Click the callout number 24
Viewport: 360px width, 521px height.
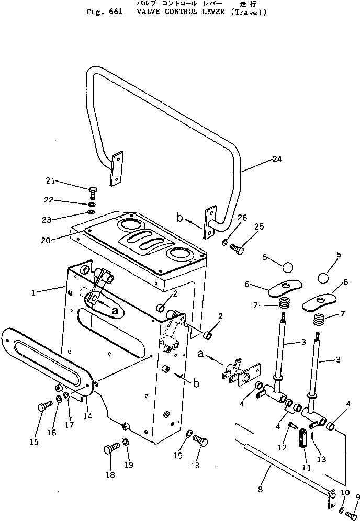(277, 160)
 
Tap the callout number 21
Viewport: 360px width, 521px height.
(50, 181)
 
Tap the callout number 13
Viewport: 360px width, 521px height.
(321, 459)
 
